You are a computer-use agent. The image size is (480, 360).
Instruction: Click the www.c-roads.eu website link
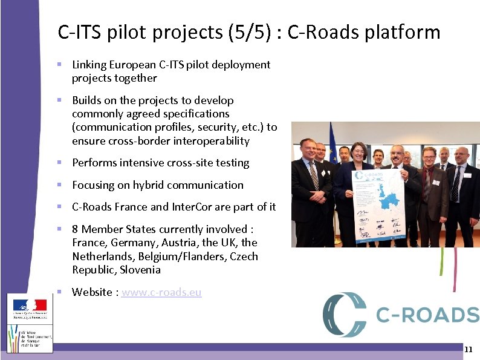[x=161, y=292]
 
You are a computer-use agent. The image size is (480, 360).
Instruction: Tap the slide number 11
[x=469, y=350]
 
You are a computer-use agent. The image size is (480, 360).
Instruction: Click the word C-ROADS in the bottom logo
[x=427, y=315]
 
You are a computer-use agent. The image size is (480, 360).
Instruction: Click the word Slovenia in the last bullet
[x=140, y=270]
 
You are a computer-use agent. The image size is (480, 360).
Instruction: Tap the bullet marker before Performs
[x=59, y=163]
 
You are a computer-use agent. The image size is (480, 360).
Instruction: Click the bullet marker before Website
[x=59, y=292]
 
